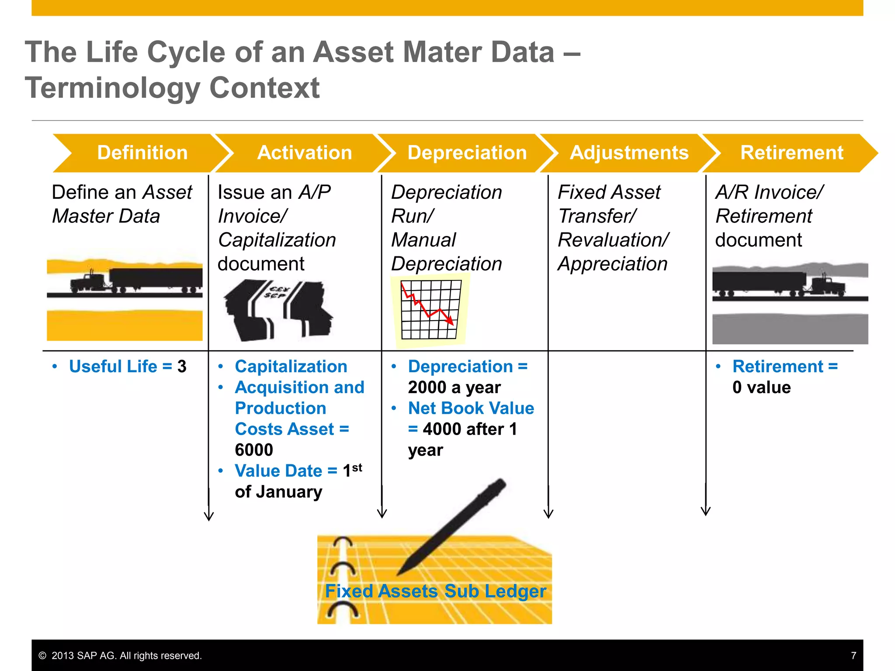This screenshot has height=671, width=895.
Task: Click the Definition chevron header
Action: coord(142,153)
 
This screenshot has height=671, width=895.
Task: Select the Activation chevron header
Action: coord(305,153)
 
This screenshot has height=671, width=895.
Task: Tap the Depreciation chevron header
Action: coord(467,153)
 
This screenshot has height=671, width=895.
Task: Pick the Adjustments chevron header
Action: coord(629,153)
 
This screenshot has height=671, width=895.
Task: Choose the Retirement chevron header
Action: coord(791,153)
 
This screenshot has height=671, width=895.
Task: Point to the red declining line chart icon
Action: coord(430,310)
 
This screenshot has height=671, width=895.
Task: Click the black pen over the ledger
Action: coord(454,524)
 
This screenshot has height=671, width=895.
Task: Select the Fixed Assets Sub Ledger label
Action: coord(435,591)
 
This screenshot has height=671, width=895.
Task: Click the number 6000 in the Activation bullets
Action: coord(254,450)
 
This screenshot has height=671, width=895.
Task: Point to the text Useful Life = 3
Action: coord(128,367)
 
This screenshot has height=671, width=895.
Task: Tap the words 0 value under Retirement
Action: coord(761,387)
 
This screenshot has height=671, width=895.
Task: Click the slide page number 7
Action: coord(853,655)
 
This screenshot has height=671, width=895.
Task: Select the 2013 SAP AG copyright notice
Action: coord(120,656)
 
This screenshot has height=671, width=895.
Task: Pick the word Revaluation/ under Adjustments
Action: coord(613,240)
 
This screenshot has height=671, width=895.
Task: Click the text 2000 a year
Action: coord(454,387)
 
